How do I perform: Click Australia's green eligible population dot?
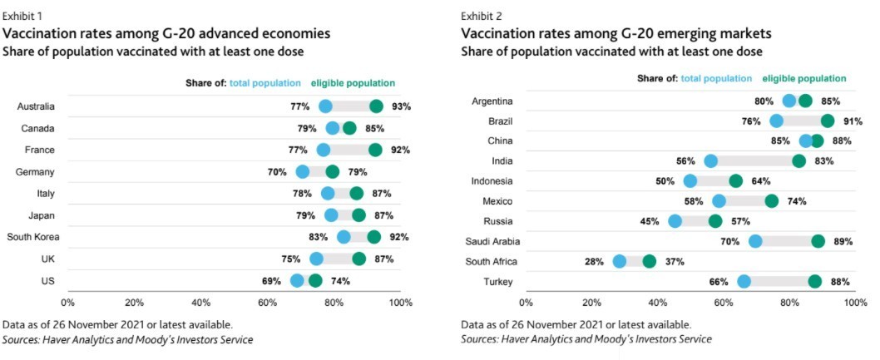[x=376, y=106]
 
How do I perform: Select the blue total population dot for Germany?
[x=303, y=172]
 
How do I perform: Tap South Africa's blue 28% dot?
[x=620, y=261]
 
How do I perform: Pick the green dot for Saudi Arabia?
[x=818, y=241]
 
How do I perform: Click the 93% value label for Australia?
[x=403, y=106]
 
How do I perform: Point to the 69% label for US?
[x=271, y=281]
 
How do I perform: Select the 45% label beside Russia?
[x=650, y=221]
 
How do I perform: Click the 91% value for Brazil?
[x=852, y=121]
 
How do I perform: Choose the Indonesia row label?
[x=492, y=181]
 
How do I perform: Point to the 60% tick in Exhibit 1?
[x=267, y=302]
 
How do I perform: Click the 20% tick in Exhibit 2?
[x=591, y=303]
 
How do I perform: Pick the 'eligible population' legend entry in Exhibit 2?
[x=803, y=78]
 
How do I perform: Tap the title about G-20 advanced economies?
[x=167, y=34]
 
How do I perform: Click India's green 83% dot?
[x=798, y=161]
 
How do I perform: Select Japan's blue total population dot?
[x=332, y=216]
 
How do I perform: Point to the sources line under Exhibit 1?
[x=128, y=339]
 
